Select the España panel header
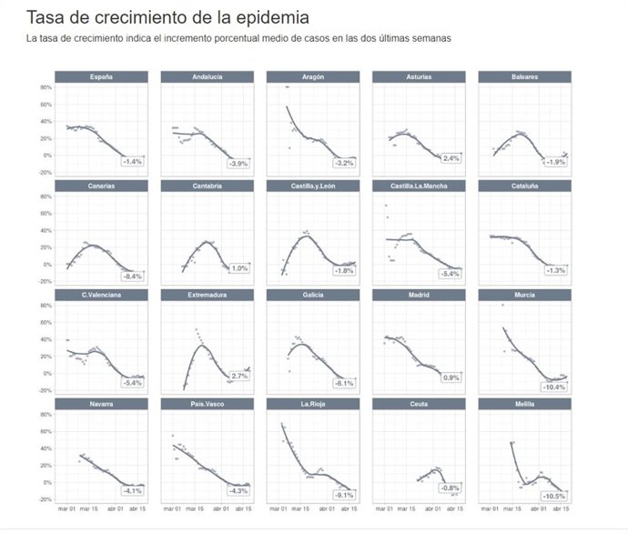point(101,77)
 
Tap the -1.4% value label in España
point(133,162)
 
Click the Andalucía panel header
point(207,77)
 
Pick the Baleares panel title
point(524,77)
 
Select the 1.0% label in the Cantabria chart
point(239,268)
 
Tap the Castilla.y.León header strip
point(312,186)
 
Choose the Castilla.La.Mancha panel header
point(419,186)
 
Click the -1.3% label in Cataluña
point(556,270)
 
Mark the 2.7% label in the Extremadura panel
point(239,376)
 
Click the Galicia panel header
point(312,295)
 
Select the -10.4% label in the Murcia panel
point(554,387)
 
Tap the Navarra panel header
point(101,403)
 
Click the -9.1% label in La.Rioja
point(344,495)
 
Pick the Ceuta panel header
point(419,403)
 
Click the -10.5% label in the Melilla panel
point(554,496)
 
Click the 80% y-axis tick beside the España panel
point(45,87)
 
